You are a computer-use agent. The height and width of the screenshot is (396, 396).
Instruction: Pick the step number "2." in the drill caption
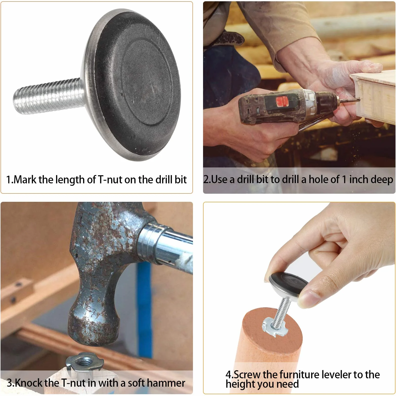coord(207,179)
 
